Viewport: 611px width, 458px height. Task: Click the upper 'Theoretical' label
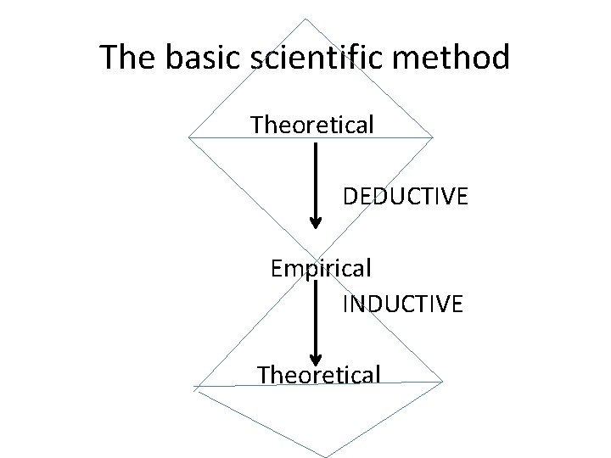click(312, 126)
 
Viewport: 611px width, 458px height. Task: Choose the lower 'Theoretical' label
click(318, 373)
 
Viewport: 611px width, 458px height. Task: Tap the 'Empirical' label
click(321, 269)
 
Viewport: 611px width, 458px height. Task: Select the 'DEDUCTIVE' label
click(405, 198)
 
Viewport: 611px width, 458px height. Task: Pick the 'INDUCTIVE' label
click(402, 304)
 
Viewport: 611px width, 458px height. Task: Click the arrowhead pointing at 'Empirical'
click(316, 223)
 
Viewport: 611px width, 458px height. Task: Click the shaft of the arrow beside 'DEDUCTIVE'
click(316, 178)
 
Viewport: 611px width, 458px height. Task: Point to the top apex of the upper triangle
click(305, 19)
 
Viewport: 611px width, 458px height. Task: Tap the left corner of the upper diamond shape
click(188, 136)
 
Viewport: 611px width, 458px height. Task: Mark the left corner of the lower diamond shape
click(194, 387)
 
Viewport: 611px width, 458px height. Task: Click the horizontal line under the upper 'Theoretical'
click(255, 137)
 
